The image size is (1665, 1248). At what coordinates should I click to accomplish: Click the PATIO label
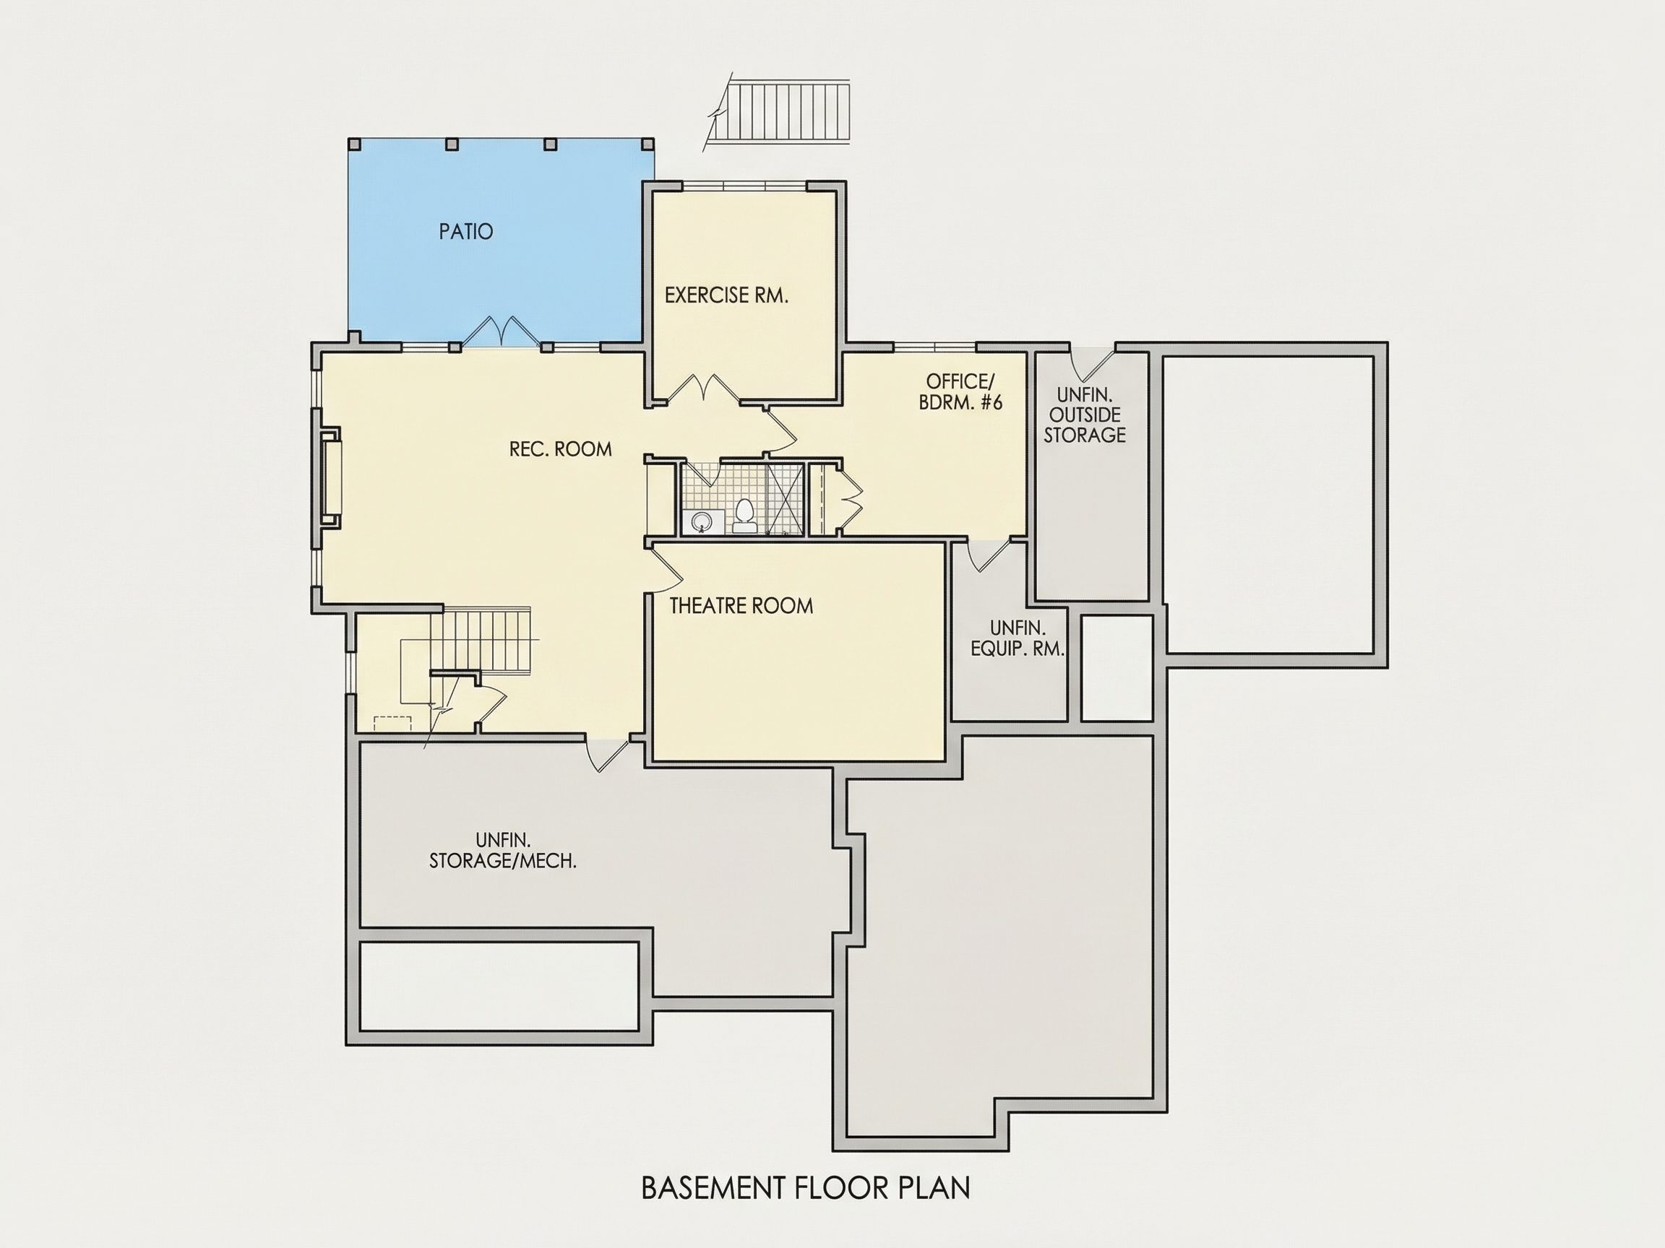466,232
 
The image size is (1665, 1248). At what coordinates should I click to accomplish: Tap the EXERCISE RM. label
726,295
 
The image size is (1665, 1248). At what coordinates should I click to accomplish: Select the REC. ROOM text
561,450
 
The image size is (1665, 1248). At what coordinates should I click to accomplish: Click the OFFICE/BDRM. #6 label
960,392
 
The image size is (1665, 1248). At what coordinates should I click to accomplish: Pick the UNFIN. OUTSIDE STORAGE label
1085,415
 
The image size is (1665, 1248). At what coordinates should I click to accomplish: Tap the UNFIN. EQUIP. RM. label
1017,638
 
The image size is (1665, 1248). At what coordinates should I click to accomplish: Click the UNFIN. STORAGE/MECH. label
503,851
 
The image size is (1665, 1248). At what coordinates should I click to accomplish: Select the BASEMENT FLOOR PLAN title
806,1188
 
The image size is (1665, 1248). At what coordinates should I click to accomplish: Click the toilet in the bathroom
744,516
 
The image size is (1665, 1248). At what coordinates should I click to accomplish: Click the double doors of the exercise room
702,389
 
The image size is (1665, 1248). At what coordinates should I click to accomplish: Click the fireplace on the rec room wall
330,477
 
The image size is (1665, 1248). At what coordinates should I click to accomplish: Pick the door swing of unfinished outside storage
1092,363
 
